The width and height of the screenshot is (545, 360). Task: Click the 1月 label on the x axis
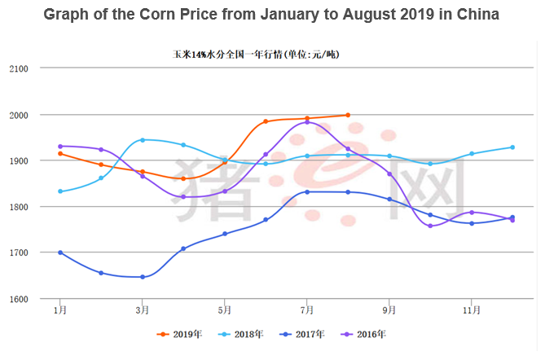59,310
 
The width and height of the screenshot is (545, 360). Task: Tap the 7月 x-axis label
306,310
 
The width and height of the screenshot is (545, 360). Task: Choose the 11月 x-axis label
472,310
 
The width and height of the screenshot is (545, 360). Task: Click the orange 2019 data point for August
348,115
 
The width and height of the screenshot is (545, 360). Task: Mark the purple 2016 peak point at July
307,122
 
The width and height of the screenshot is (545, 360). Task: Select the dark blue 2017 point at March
143,277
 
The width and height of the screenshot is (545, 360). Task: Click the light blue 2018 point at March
143,140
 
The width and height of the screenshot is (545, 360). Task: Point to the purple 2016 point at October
430,226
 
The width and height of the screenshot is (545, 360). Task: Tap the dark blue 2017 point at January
60,252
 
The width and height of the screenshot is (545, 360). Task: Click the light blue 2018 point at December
512,147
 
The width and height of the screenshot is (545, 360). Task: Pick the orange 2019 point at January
60,153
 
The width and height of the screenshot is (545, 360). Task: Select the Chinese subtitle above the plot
256,55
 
